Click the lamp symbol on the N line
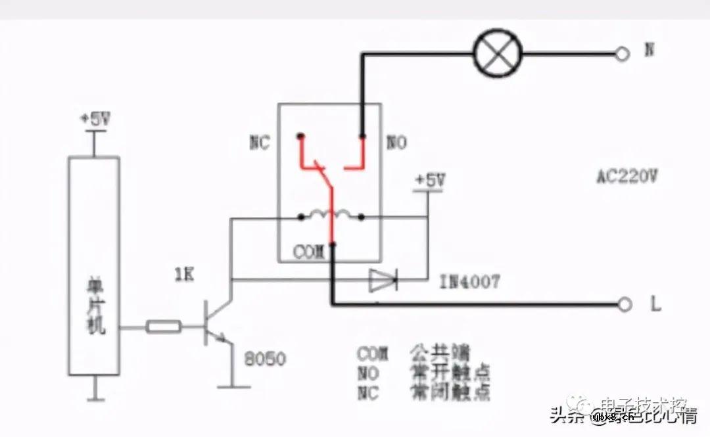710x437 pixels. pyautogui.click(x=498, y=55)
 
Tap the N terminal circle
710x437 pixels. pyautogui.click(x=622, y=55)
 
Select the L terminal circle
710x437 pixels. pyautogui.click(x=625, y=304)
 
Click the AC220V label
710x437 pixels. pyautogui.click(x=627, y=177)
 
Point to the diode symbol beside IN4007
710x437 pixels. pyautogui.click(x=383, y=281)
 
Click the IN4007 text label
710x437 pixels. pyautogui.click(x=469, y=283)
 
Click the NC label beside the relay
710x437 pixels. pyautogui.click(x=259, y=144)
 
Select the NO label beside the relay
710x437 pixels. pyautogui.click(x=396, y=143)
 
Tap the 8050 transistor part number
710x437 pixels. pyautogui.click(x=264, y=359)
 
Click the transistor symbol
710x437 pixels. pyautogui.click(x=214, y=324)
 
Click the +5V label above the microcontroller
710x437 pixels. pyautogui.click(x=95, y=120)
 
